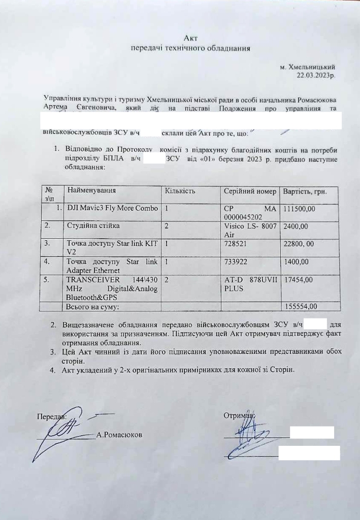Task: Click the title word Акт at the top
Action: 190,38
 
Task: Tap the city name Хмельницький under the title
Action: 311,67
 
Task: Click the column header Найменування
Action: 91,191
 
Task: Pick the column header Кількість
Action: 180,191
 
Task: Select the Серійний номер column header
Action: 250,191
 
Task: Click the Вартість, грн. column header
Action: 305,191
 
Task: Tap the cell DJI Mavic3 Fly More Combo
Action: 112,208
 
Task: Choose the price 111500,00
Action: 300,209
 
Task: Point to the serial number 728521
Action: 235,244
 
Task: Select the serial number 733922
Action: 235,262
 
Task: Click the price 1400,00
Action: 297,262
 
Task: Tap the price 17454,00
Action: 299,280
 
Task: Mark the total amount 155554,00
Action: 300,306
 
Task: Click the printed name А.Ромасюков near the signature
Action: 119,435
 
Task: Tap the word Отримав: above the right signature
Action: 239,416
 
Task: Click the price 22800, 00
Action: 300,244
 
